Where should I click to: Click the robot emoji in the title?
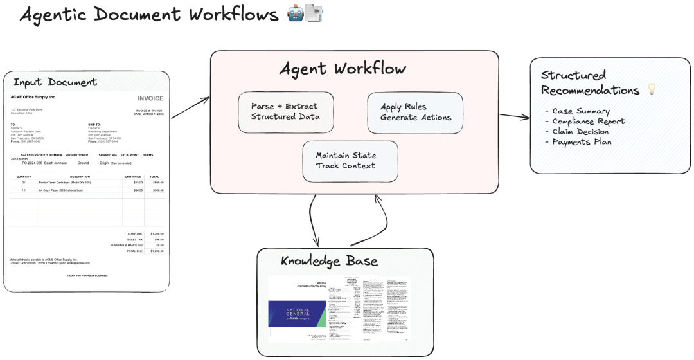[x=296, y=14]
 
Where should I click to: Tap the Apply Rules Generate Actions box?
[x=415, y=113]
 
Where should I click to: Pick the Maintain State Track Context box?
[x=350, y=161]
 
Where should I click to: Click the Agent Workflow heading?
[x=342, y=69]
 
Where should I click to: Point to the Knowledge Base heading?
[x=329, y=261]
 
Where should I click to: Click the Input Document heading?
[x=55, y=82]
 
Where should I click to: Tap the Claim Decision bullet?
[x=580, y=132]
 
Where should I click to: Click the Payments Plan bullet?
[x=578, y=142]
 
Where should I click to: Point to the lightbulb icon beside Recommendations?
[x=652, y=91]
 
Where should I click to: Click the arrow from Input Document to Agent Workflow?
[x=190, y=107]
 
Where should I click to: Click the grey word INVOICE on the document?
[x=150, y=98]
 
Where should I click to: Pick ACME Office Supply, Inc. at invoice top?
[x=33, y=97]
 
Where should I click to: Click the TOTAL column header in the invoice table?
[x=154, y=176]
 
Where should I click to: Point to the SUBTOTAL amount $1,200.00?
[x=157, y=233]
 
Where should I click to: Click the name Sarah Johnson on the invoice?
[x=56, y=163]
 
